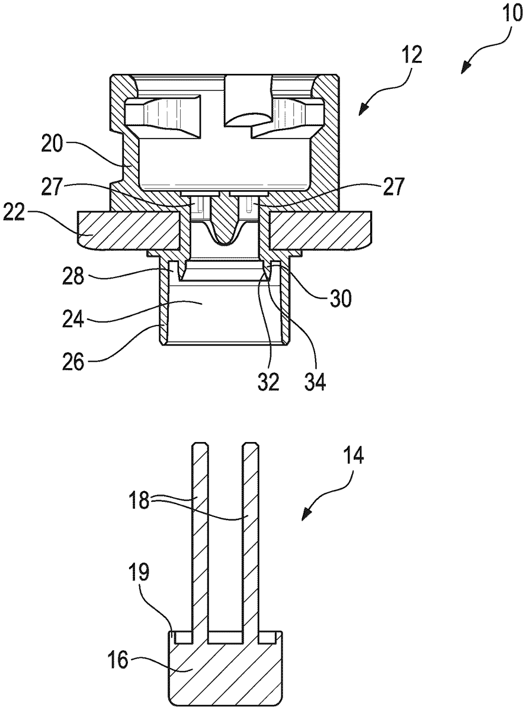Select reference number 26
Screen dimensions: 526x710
(73, 362)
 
